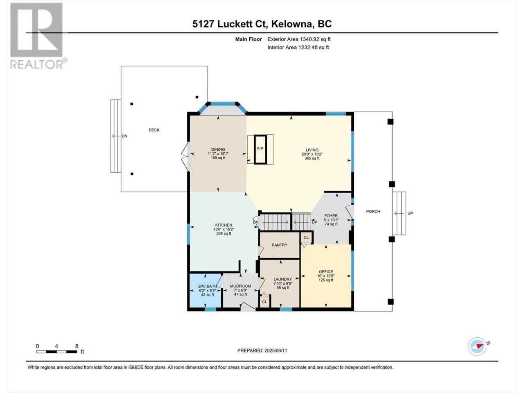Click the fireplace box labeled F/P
pyautogui.click(x=260, y=149)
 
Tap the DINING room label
pyautogui.click(x=218, y=149)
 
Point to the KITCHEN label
pyautogui.click(x=224, y=225)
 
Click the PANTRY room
pyautogui.click(x=280, y=245)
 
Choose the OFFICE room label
pyautogui.click(x=326, y=272)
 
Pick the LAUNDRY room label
pyautogui.click(x=282, y=279)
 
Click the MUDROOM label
pyautogui.click(x=240, y=286)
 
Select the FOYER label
pyautogui.click(x=331, y=216)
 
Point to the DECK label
pyautogui.click(x=154, y=130)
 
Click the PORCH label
pyautogui.click(x=373, y=212)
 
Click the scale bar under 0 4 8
pyautogui.click(x=57, y=351)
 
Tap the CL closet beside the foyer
pyautogui.click(x=306, y=237)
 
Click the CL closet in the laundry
pyautogui.click(x=264, y=302)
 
